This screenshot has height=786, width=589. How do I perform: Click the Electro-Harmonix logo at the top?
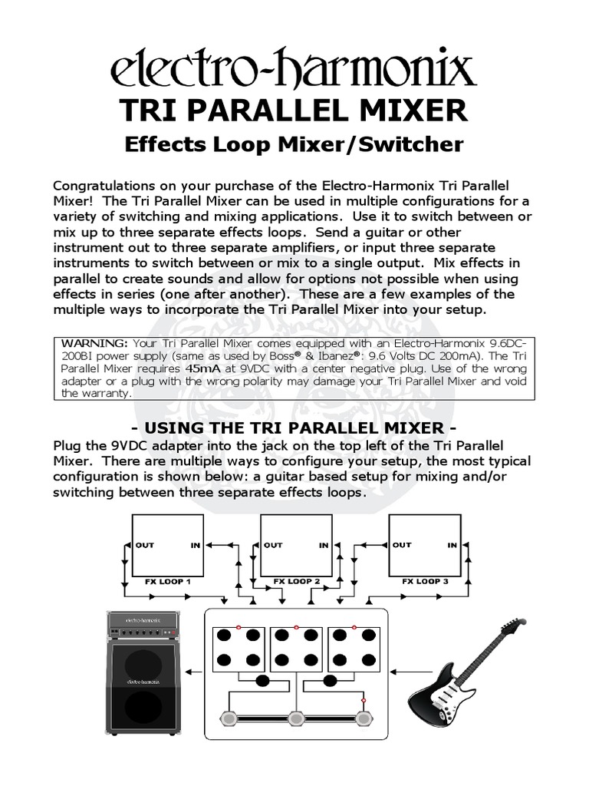294,71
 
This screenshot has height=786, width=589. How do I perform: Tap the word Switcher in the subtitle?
415,144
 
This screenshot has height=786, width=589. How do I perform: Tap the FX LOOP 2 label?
297,582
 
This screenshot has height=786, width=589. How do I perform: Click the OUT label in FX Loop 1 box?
145,545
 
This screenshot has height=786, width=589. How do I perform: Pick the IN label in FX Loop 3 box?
452,545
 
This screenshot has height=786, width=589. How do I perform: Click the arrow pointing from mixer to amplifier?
196,672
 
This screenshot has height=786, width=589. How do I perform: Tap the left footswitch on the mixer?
228,718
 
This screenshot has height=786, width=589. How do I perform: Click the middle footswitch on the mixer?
296,718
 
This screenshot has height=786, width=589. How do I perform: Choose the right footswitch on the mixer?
364,718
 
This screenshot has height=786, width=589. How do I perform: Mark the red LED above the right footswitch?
364,699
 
